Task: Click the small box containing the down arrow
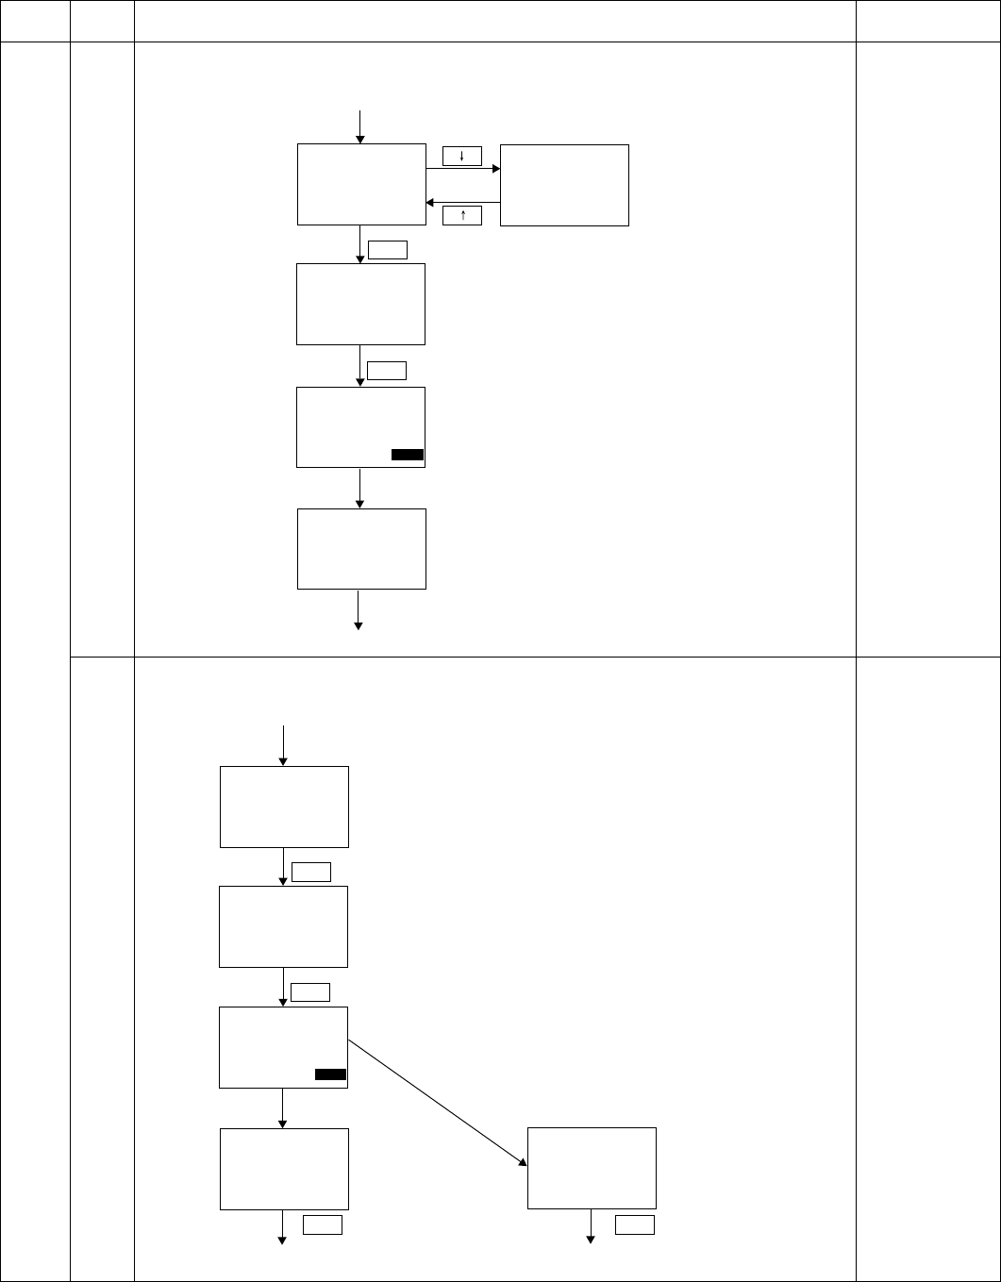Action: tap(461, 156)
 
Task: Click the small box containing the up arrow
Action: tap(461, 216)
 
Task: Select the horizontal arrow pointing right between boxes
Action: tap(462, 170)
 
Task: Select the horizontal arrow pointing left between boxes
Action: tap(462, 202)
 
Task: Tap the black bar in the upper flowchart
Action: tap(408, 455)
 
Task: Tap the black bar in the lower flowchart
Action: tap(330, 1074)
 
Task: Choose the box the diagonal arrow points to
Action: tap(592, 1167)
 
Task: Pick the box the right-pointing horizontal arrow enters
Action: tap(564, 185)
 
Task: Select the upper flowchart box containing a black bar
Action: tap(360, 426)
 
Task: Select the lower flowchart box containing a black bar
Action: tap(283, 1047)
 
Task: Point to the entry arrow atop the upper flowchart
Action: tap(359, 126)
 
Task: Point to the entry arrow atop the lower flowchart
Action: tap(283, 745)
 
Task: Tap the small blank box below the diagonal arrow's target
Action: tap(634, 1225)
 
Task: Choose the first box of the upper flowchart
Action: tap(360, 184)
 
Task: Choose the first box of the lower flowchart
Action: tap(284, 807)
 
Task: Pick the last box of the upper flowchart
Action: tap(361, 549)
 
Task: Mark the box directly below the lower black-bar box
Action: tap(284, 1169)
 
